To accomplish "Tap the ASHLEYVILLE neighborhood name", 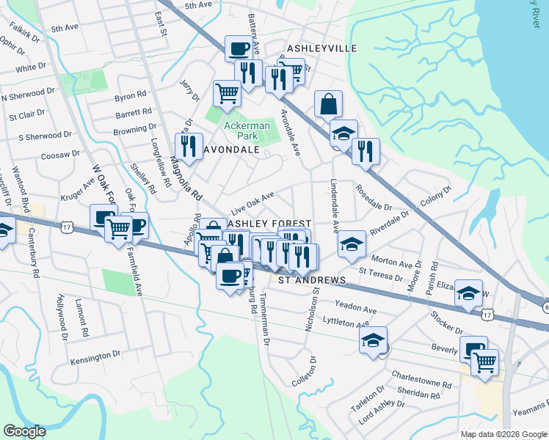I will [x=321, y=48].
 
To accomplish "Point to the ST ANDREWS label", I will [x=311, y=280].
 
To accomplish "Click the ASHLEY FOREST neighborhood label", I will [x=269, y=223].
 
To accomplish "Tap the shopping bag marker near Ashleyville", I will [x=327, y=104].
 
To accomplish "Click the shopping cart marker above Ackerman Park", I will [x=227, y=93].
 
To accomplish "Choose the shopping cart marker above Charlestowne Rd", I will [x=484, y=363].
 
